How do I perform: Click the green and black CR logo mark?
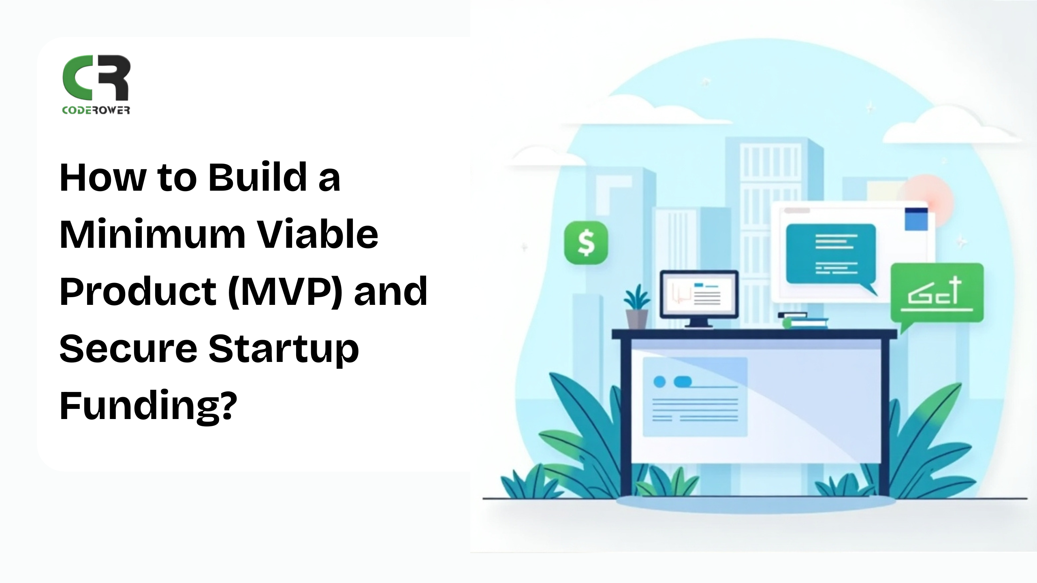(x=96, y=78)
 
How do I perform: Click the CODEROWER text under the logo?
(x=96, y=110)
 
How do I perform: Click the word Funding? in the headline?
(x=148, y=407)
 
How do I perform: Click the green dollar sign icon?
(x=586, y=243)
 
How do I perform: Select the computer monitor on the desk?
(x=699, y=298)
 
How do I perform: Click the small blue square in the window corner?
(x=916, y=219)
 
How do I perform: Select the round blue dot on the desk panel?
(x=660, y=382)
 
